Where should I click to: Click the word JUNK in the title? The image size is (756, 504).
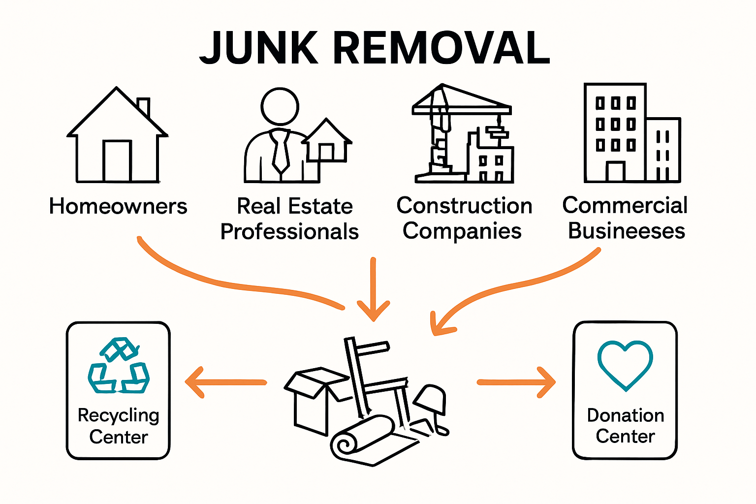(x=259, y=48)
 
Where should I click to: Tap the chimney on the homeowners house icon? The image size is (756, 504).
(x=143, y=107)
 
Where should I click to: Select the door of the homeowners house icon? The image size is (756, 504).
(x=117, y=160)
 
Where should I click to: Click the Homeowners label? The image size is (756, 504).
(x=118, y=206)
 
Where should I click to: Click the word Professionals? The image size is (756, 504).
(x=289, y=232)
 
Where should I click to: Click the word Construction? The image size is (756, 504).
(x=464, y=206)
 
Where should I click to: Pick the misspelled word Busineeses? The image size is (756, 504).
(x=626, y=231)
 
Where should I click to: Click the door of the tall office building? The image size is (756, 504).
(x=615, y=172)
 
